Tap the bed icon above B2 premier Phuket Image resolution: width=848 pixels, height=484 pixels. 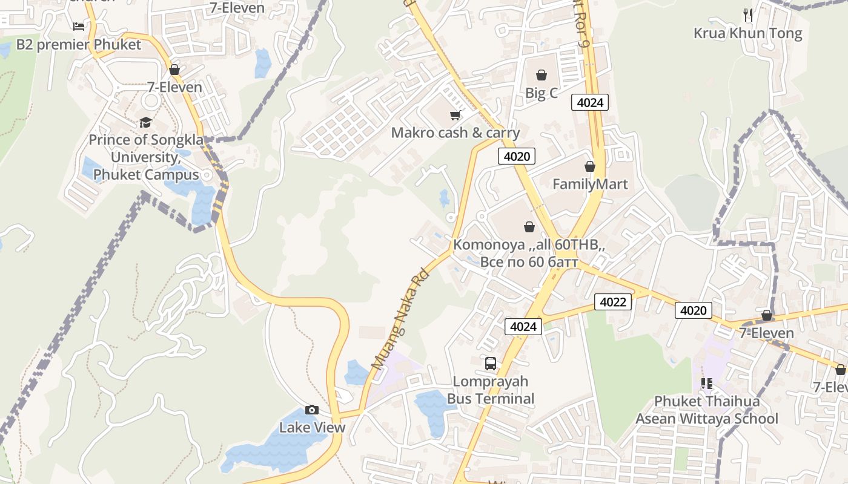[x=79, y=26]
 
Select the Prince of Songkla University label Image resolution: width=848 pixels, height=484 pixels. [x=144, y=157]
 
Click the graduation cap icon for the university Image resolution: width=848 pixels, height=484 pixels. [x=145, y=123]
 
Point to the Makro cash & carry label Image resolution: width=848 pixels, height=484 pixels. [x=455, y=132]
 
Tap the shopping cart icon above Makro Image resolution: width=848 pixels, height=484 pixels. [x=455, y=115]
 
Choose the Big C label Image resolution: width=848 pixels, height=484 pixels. [x=541, y=93]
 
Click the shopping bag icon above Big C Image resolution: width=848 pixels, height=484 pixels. [x=541, y=75]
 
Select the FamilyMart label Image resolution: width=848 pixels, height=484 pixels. [x=590, y=184]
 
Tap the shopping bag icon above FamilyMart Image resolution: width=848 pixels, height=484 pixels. [x=590, y=166]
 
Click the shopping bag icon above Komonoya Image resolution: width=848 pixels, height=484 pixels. [x=529, y=227]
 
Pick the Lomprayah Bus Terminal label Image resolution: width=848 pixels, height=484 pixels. [x=491, y=390]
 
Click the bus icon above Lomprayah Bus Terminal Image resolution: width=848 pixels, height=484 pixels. [x=491, y=364]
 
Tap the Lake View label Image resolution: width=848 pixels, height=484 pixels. [x=312, y=427]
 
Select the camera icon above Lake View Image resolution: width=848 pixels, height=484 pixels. [x=312, y=410]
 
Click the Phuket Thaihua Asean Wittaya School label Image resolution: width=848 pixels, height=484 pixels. [x=706, y=410]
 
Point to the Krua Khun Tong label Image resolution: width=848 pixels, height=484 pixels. [x=747, y=33]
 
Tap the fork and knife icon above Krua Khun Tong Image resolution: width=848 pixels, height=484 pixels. [x=748, y=15]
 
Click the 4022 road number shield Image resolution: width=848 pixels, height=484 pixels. [x=613, y=301]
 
